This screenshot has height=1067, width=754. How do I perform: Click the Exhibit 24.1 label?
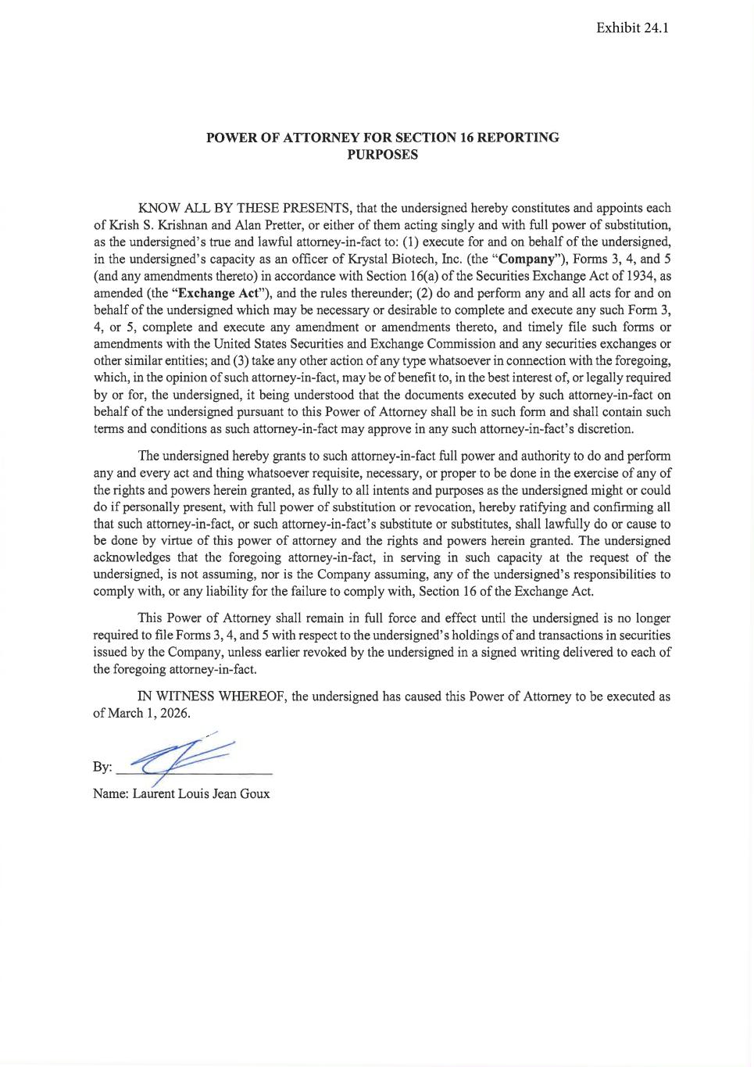[x=632, y=28]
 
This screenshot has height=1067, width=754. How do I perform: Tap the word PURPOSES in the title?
[x=382, y=154]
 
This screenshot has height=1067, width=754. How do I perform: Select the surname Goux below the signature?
[x=255, y=793]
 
